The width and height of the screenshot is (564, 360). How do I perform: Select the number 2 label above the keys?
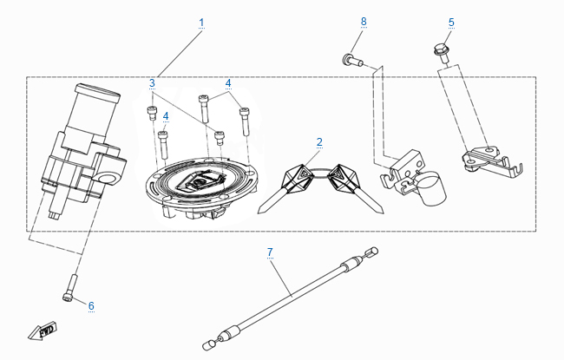pos(319,141)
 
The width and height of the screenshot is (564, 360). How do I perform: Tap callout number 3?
pos(152,83)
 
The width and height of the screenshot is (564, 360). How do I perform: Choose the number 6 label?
pos(91,304)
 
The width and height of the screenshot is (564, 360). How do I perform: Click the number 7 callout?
pos(270,252)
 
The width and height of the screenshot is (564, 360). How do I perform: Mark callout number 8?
pos(364,20)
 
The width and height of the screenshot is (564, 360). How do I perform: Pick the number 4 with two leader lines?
pos(229,83)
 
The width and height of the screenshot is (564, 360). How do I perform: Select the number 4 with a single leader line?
pos(165,115)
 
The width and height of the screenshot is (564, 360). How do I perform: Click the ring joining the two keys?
pos(320,173)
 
